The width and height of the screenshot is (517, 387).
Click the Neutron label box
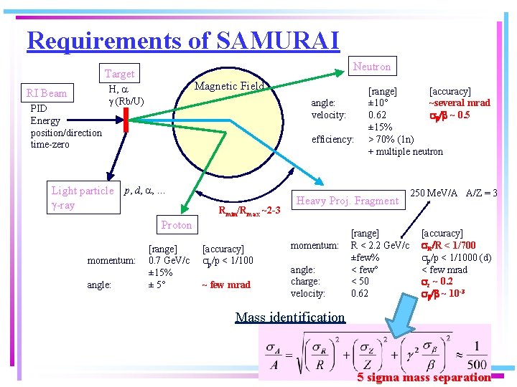[372, 67]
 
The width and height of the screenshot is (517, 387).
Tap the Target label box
[119, 74]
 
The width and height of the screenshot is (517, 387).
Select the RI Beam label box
[47, 93]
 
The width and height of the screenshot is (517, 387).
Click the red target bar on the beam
[125, 121]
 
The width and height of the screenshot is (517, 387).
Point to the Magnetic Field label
[230, 86]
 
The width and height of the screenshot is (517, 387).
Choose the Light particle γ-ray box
[82, 198]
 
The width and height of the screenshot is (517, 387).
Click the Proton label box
[176, 225]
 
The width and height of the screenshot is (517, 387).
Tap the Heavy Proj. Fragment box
[348, 201]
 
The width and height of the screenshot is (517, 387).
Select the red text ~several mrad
[460, 102]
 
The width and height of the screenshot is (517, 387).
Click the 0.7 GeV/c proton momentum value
[169, 260]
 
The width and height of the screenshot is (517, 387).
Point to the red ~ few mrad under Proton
[226, 285]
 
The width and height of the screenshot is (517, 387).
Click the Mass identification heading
[290, 317]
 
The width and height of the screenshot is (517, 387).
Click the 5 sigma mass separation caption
[424, 377]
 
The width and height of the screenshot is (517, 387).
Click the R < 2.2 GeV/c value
[379, 246]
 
